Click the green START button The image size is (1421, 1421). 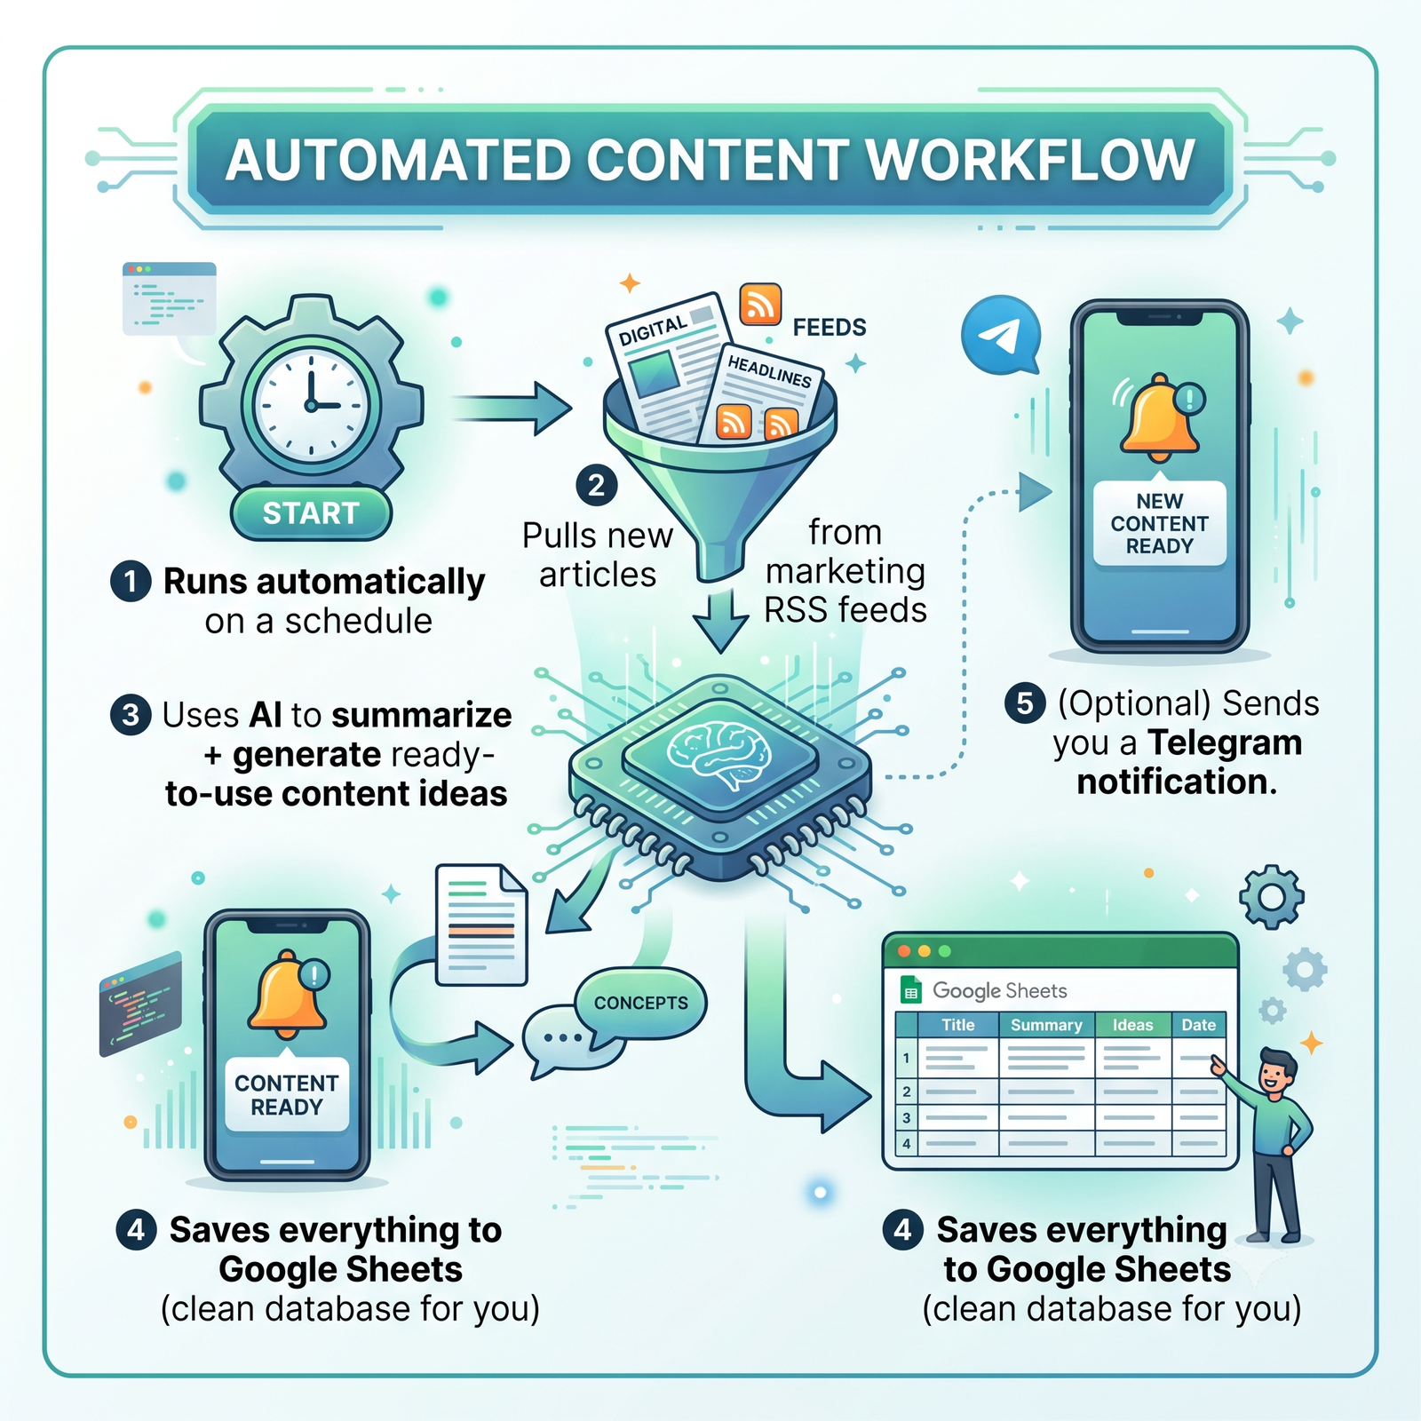[x=311, y=513]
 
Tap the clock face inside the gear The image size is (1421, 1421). [x=311, y=404]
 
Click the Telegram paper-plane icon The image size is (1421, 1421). [x=1001, y=336]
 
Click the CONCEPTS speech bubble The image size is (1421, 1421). [x=640, y=1003]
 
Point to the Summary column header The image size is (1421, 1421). [x=1046, y=1025]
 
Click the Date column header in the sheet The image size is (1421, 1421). [x=1198, y=1025]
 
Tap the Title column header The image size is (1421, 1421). [x=957, y=1025]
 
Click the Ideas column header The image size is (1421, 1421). [x=1132, y=1025]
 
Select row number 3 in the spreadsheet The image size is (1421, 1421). [x=906, y=1117]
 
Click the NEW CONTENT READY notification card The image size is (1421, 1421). [x=1159, y=523]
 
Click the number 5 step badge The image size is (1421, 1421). [x=1024, y=703]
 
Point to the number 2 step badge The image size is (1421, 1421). [x=596, y=486]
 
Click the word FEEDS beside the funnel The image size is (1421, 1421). [x=830, y=328]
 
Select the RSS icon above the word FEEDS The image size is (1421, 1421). [x=760, y=305]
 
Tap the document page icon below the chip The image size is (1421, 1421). [x=481, y=925]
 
